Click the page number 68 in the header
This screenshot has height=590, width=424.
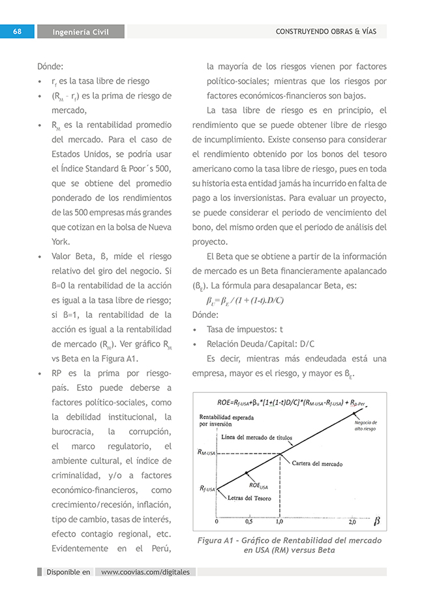(18, 31)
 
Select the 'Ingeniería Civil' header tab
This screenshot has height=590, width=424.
(81, 32)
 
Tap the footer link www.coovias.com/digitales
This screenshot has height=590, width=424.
(145, 572)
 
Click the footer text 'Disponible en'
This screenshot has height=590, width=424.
(68, 572)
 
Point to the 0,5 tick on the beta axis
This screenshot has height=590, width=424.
(249, 522)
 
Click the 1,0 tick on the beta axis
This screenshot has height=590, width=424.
(280, 522)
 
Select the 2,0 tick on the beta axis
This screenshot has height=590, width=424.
(352, 522)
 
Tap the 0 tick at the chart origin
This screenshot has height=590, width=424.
(217, 522)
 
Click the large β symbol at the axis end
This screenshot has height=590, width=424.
(376, 521)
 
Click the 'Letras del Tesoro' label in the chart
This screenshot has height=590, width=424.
(249, 498)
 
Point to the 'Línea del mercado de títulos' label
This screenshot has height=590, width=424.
(257, 437)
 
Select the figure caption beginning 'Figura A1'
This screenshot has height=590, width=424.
(290, 545)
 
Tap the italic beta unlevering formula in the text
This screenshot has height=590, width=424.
(245, 300)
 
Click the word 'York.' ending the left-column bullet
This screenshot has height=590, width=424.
(61, 241)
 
